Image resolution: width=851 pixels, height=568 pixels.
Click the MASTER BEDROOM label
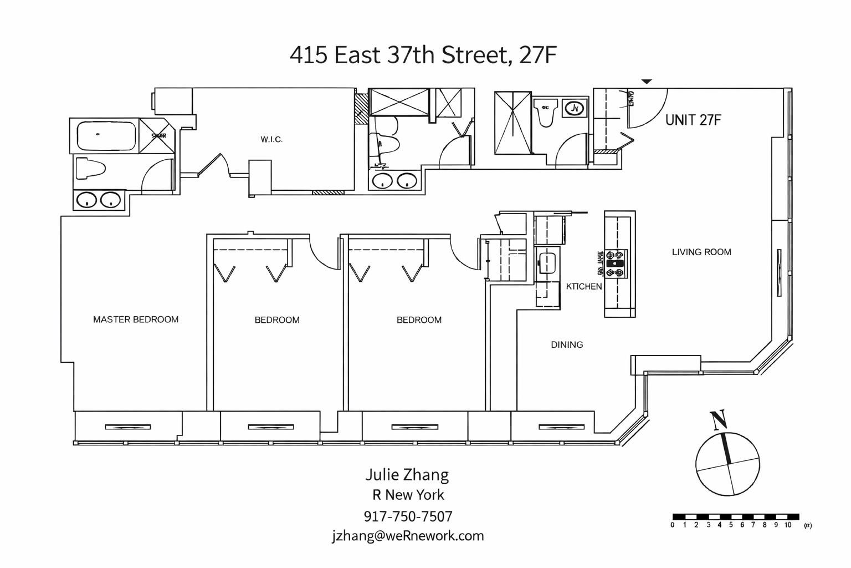click(136, 319)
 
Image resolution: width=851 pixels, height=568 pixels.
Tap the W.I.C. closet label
click(271, 140)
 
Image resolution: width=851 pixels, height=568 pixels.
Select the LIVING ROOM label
click(701, 252)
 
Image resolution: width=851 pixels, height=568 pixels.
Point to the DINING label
click(567, 344)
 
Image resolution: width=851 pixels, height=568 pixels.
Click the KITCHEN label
click(583, 286)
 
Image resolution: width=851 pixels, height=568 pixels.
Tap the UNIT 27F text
click(693, 120)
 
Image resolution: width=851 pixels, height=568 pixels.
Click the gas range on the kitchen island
click(616, 264)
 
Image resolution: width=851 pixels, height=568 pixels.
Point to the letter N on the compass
click(719, 420)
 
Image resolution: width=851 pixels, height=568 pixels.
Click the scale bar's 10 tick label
click(788, 525)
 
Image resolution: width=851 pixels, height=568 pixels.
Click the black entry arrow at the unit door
click(647, 82)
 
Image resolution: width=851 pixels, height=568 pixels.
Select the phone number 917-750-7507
click(408, 516)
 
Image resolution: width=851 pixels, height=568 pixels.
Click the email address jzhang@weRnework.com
click(408, 536)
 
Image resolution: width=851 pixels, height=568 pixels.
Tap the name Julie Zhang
click(407, 475)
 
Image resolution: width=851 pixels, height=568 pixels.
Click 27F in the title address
click(537, 55)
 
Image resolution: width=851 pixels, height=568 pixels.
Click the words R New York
click(408, 495)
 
